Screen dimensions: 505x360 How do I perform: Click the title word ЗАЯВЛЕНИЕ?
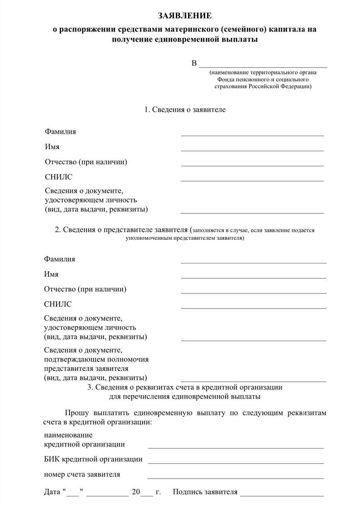coord(185,16)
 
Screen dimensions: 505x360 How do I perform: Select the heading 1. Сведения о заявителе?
coord(185,110)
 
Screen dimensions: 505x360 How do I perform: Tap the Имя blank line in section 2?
coord(254,277)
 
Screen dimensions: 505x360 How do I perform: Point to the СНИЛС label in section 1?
coord(59,177)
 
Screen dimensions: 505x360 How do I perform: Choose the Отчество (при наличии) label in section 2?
coord(85,290)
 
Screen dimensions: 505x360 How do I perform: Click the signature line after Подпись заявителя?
coord(282,494)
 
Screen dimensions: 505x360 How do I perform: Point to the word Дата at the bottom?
coord(52,492)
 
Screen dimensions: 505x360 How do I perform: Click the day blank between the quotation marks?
coord(73,494)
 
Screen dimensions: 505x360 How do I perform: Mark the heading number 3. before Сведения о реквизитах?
coord(90,387)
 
